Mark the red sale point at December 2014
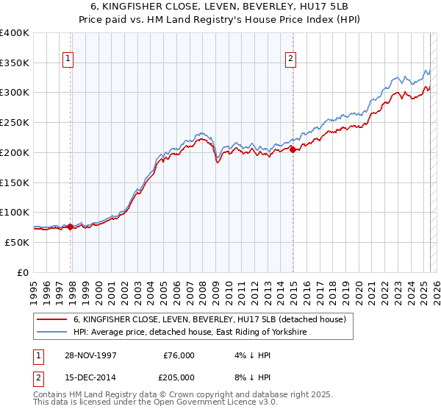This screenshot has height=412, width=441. coord(293,149)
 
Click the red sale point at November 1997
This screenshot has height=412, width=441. coord(71,227)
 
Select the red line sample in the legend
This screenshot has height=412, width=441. coord(51,319)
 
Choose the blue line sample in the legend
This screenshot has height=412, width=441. coord(51,333)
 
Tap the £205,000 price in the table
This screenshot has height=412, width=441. coord(179,377)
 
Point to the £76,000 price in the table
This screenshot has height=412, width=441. coord(179,355)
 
